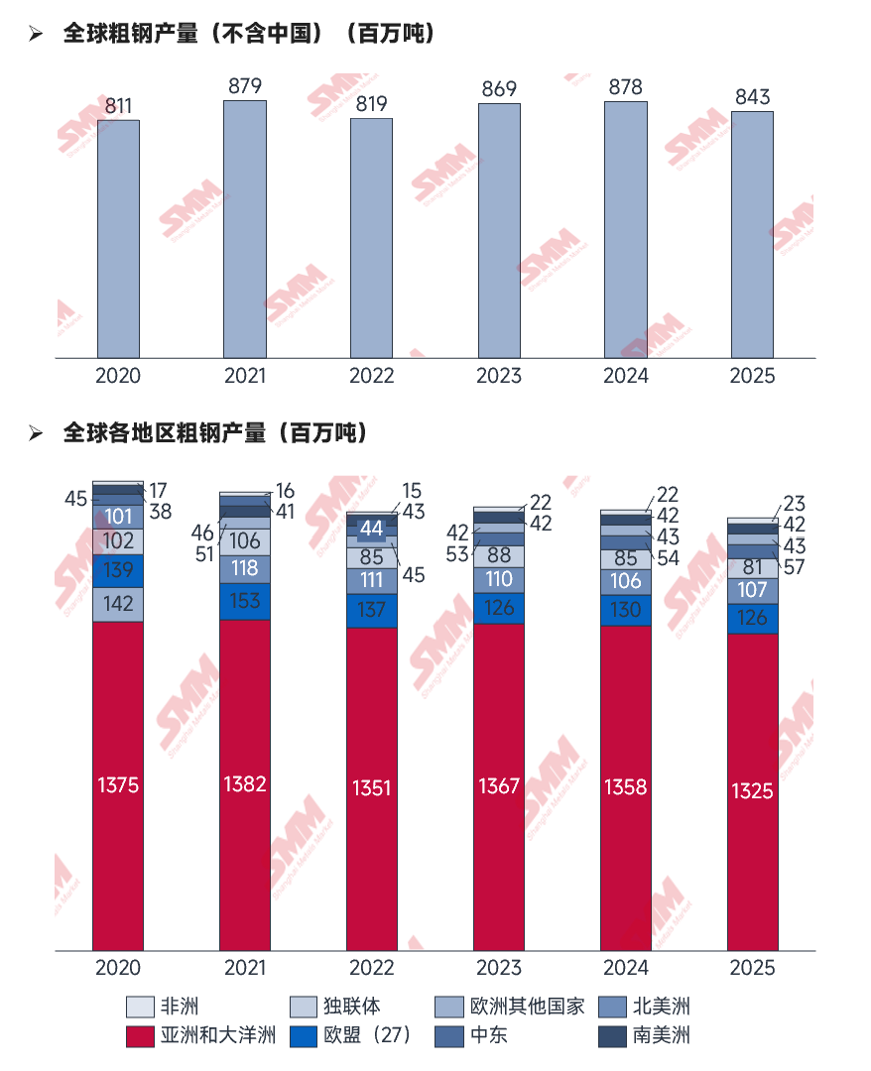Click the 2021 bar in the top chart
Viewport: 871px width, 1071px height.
[244, 228]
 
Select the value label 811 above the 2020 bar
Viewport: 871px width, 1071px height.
[118, 105]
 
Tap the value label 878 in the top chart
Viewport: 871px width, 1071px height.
[625, 87]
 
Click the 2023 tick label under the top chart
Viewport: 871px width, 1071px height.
[499, 376]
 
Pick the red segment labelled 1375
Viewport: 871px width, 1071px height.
[118, 785]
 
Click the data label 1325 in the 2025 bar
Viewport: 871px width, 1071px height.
[752, 791]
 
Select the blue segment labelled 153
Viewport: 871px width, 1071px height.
[244, 601]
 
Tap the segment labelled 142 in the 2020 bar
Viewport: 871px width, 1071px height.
[118, 604]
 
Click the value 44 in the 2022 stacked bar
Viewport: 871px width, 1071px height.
[372, 528]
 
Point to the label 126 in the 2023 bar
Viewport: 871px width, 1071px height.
[499, 608]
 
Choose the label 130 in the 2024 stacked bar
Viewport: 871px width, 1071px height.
[625, 610]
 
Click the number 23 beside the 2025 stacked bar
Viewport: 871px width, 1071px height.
[794, 503]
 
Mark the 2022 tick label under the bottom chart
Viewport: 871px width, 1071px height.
[372, 968]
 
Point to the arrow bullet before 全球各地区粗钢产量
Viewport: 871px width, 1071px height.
[37, 433]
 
